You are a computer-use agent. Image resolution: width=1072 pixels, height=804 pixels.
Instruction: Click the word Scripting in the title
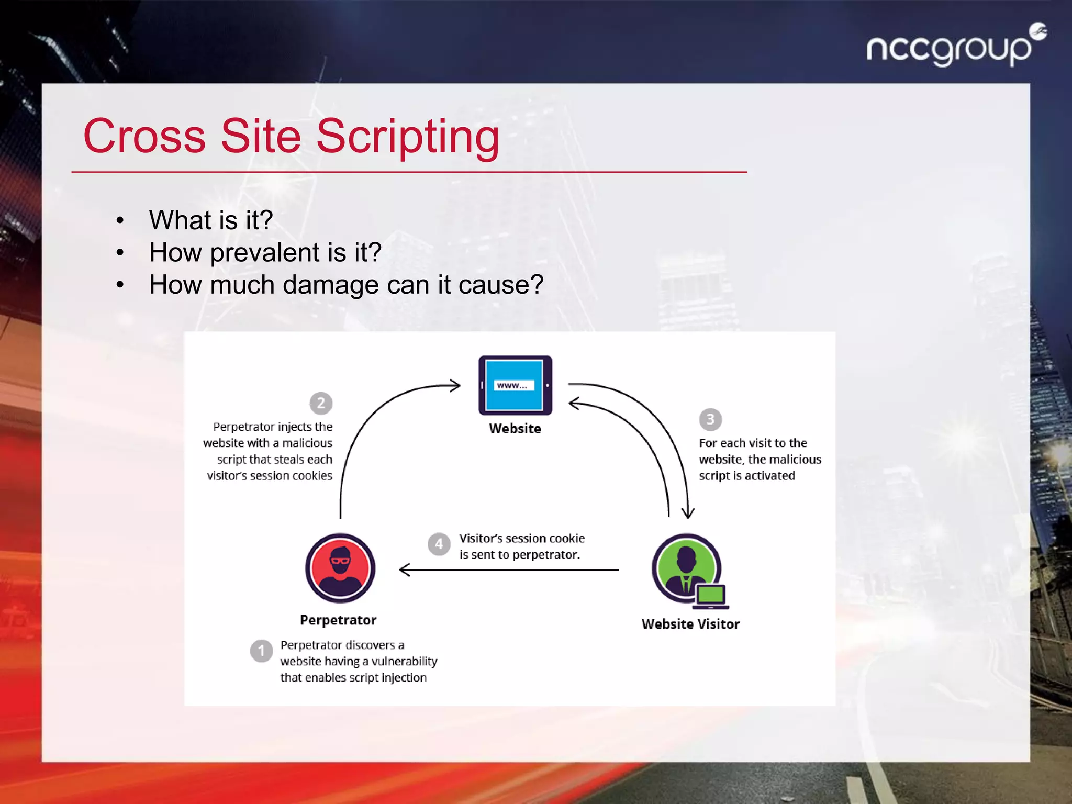click(408, 137)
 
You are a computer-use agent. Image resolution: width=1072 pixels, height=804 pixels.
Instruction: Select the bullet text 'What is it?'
click(210, 220)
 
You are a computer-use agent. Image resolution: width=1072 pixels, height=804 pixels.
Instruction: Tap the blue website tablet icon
click(515, 385)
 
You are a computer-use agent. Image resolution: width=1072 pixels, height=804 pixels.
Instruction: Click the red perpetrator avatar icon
click(340, 568)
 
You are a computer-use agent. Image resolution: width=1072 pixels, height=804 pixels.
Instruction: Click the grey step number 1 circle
click(261, 651)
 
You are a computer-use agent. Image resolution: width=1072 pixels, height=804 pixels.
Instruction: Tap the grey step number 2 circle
click(321, 403)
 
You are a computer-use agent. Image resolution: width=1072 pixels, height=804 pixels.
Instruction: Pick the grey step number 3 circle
click(710, 419)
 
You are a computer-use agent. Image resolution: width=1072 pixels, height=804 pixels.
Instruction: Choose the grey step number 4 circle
click(439, 544)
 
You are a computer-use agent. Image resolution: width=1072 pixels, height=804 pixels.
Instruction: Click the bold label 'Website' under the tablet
click(515, 429)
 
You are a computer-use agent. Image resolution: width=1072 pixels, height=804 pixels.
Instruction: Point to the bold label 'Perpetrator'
click(338, 620)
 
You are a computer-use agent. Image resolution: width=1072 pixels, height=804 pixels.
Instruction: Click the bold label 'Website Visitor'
click(690, 624)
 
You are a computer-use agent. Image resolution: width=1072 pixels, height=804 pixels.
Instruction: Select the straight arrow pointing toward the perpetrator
click(508, 570)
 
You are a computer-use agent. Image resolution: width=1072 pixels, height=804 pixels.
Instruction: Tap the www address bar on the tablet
click(513, 385)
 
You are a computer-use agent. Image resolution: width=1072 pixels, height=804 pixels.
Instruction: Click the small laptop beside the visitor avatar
click(711, 597)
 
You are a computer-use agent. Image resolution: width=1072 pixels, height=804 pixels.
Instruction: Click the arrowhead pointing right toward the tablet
click(455, 386)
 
